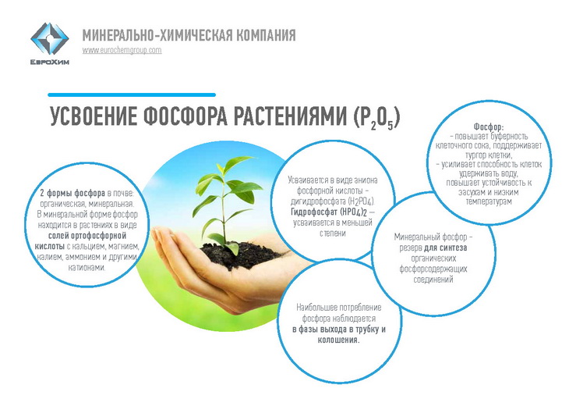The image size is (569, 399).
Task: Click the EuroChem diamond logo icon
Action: (49, 38)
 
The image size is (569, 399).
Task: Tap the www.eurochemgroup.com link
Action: (122, 50)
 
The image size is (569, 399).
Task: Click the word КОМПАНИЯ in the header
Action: (266, 36)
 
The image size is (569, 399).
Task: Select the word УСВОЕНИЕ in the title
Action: (93, 116)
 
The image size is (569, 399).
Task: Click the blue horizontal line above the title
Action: (132, 94)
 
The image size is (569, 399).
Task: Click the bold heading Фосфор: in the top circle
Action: (489, 126)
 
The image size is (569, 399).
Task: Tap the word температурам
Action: (489, 201)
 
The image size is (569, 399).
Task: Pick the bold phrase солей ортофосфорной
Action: (87, 236)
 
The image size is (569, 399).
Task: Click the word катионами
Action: (87, 268)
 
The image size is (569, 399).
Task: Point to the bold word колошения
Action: (338, 340)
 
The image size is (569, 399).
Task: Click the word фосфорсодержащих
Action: (433, 269)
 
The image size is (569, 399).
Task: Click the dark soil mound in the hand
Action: (239, 255)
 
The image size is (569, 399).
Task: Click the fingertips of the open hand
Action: (160, 237)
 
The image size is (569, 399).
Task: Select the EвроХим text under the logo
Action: (50, 62)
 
